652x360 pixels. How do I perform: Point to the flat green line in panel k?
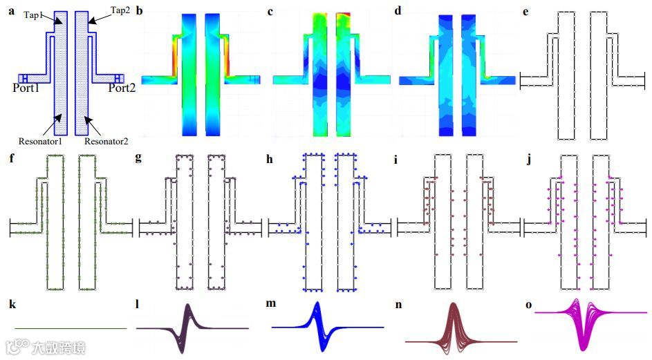(69, 329)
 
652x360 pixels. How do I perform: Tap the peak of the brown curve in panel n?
(454, 305)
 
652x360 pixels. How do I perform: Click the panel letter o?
(528, 304)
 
